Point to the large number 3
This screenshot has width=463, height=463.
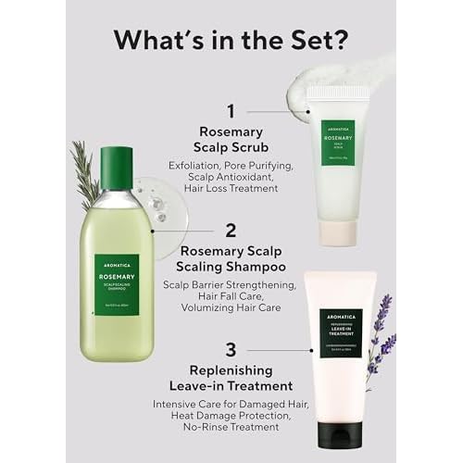click(231, 352)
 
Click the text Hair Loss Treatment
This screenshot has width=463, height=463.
click(231, 187)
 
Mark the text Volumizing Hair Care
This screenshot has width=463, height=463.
click(231, 307)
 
